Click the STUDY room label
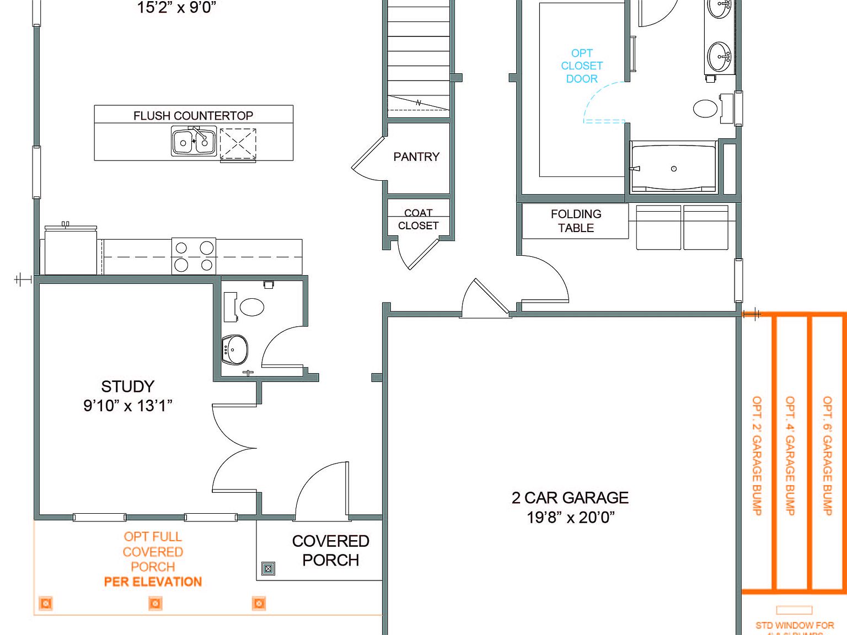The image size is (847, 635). (x=127, y=386)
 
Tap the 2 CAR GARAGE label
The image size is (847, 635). (x=570, y=498)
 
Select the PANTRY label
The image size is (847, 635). (x=416, y=157)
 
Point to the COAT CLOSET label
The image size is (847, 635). (x=418, y=219)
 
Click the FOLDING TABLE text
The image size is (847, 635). (x=576, y=221)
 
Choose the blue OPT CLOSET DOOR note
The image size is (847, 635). (x=582, y=66)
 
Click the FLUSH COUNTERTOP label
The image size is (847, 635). (x=193, y=116)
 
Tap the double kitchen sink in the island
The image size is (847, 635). (x=194, y=142)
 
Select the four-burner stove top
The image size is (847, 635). (x=194, y=256)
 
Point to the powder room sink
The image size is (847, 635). (x=235, y=349)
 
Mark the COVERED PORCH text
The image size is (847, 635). (x=330, y=550)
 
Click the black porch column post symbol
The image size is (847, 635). (x=268, y=568)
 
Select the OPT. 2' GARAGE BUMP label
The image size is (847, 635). (x=757, y=455)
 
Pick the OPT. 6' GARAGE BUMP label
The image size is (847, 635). (x=827, y=455)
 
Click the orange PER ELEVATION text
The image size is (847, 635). (x=153, y=582)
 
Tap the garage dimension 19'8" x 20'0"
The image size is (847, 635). (x=570, y=518)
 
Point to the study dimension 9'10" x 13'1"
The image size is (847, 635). (x=127, y=406)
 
